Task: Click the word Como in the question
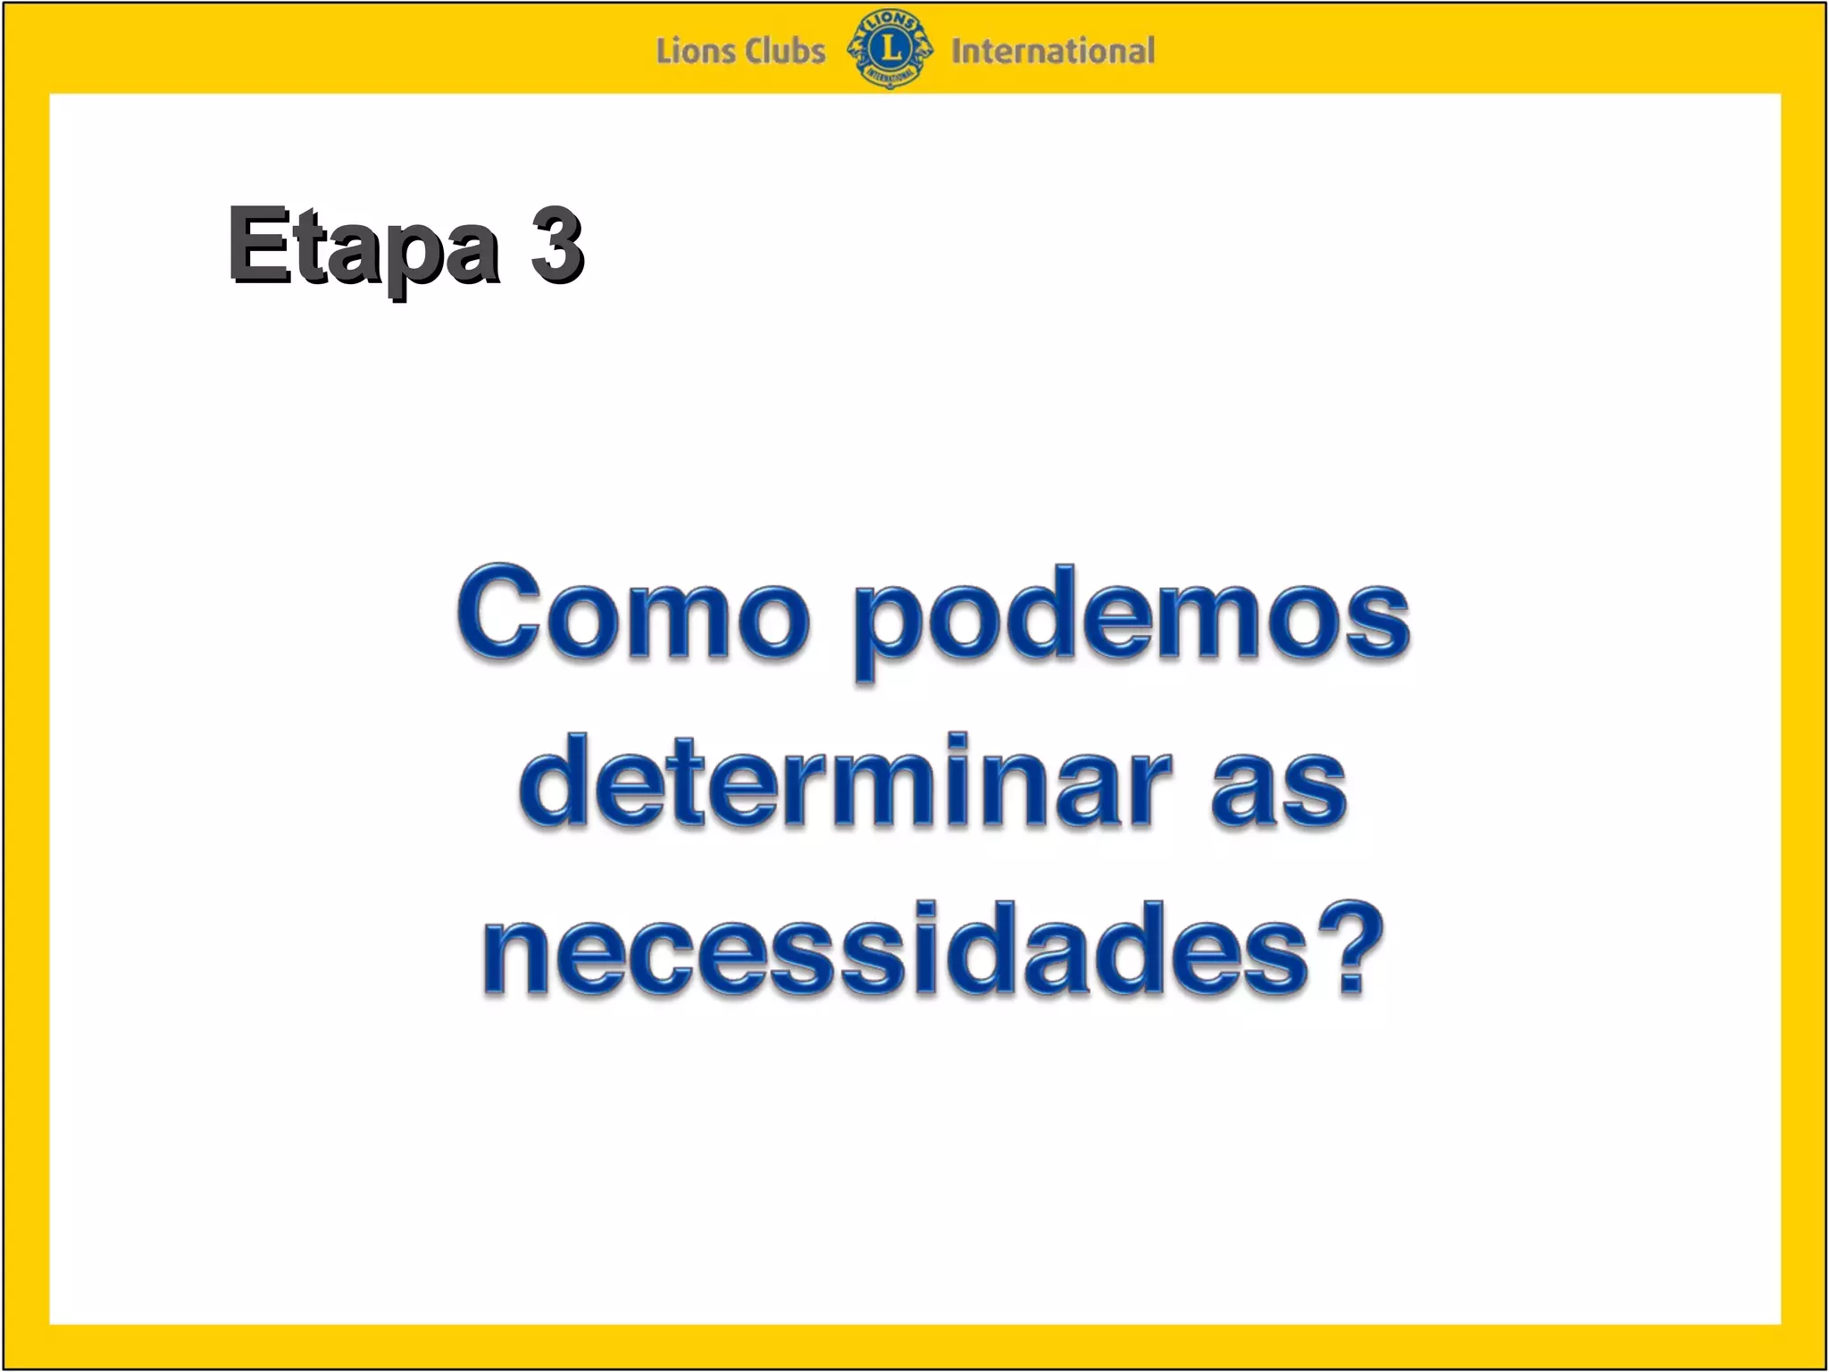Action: click(x=633, y=615)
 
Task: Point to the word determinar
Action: click(x=844, y=781)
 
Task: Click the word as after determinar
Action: click(x=1279, y=785)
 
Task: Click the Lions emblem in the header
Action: click(x=889, y=49)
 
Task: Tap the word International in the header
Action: click(x=1052, y=51)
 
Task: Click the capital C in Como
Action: click(x=497, y=614)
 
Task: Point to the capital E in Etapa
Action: click(x=260, y=243)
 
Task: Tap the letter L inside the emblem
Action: click(x=890, y=47)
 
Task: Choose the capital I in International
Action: click(x=956, y=51)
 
